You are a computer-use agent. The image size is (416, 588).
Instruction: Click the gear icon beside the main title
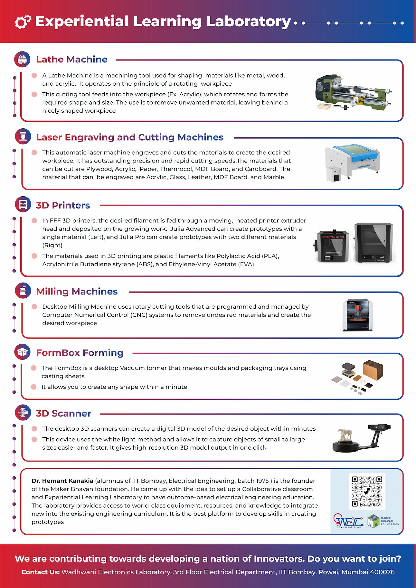coord(23,22)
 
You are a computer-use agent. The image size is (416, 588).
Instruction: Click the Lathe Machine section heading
coord(71,60)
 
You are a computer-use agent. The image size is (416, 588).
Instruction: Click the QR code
coord(367,491)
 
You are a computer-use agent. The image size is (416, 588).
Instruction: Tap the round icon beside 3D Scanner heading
coord(23,413)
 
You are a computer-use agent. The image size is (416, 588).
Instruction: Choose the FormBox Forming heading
coord(80,353)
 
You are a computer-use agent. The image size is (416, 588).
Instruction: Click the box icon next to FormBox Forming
coord(23,352)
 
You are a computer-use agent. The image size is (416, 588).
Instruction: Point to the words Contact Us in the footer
coord(40,572)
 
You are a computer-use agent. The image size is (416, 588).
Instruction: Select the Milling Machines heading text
coord(77,292)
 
